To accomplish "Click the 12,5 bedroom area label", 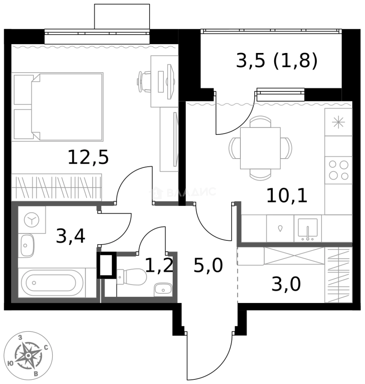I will pyautogui.click(x=88, y=157).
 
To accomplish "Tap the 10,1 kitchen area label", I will pyautogui.click(x=287, y=196).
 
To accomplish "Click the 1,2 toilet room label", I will pyautogui.click(x=159, y=265).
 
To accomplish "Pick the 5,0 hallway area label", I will pyautogui.click(x=208, y=266).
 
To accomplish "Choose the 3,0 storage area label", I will pyautogui.click(x=286, y=284).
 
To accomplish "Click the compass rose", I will pyautogui.click(x=28, y=356).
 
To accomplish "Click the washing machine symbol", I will pyautogui.click(x=32, y=220).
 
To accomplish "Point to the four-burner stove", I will pyautogui.click(x=338, y=170).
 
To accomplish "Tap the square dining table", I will pyautogui.click(x=260, y=148).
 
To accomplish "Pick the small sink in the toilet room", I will pyautogui.click(x=163, y=289).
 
